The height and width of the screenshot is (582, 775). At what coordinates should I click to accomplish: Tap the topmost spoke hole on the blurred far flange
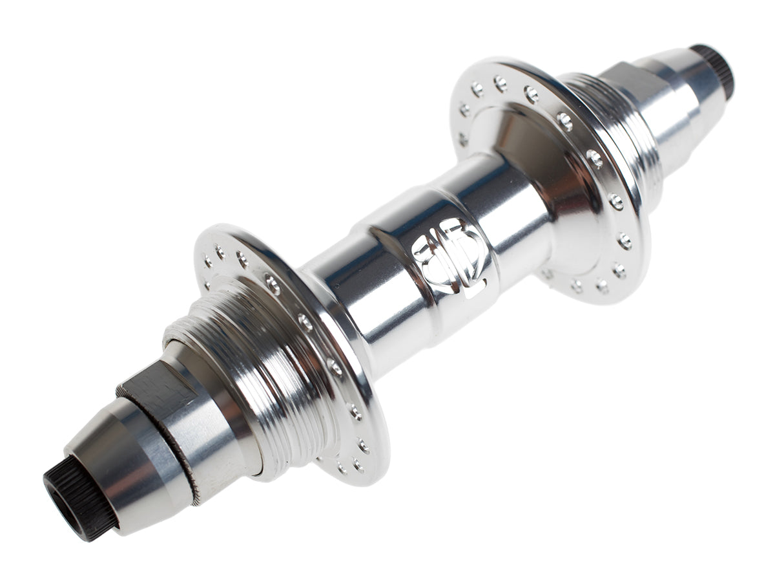click(500, 81)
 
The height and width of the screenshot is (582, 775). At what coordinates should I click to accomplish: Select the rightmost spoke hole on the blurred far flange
click(625, 241)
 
